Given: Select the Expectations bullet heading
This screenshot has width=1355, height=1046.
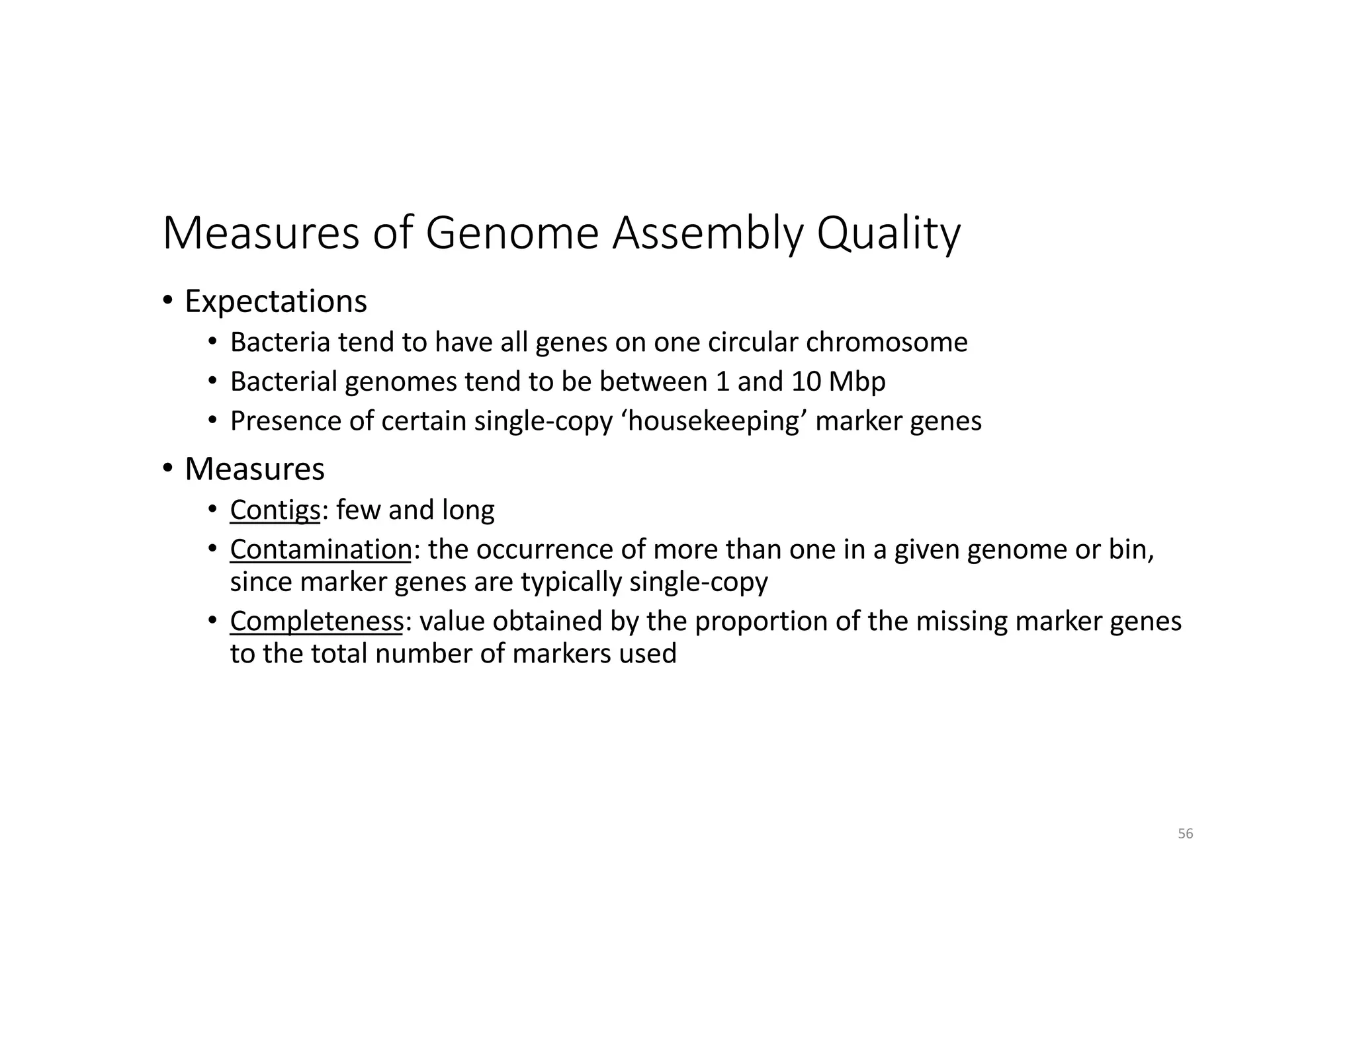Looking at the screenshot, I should (x=275, y=302).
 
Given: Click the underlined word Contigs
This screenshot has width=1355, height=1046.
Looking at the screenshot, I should (x=275, y=510).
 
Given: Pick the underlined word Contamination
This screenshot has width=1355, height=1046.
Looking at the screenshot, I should (x=321, y=549).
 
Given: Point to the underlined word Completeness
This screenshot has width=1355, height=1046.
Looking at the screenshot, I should (x=316, y=622).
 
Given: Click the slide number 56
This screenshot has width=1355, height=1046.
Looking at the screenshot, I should (x=1185, y=834).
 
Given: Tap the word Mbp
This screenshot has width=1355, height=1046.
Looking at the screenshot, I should (x=857, y=382).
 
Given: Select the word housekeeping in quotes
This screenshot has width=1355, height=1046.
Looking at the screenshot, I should (x=714, y=421).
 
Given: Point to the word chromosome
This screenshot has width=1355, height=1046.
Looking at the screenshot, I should (x=887, y=342).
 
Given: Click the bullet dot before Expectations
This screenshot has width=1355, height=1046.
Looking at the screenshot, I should (x=168, y=301).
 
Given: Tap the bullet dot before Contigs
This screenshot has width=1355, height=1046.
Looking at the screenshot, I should (x=212, y=509).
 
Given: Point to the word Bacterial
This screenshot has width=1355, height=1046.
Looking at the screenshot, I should (x=284, y=382).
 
